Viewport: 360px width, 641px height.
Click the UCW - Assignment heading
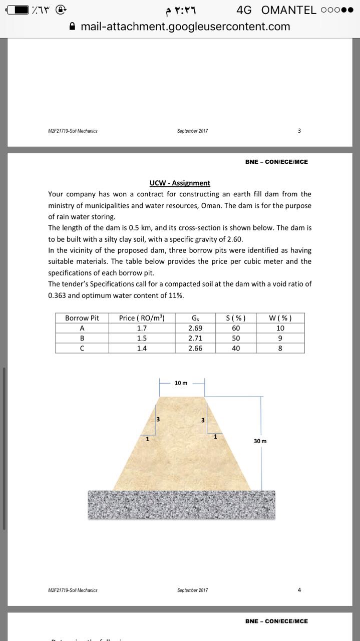coord(180,183)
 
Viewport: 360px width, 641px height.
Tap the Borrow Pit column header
coord(82,318)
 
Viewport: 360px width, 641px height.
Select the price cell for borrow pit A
coord(142,329)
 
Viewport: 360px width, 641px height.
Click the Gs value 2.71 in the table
coord(195,338)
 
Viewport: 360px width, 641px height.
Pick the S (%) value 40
coord(236,348)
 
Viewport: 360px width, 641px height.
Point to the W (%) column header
coord(280,318)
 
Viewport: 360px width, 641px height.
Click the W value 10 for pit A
coord(280,329)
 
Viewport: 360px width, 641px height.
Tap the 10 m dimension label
coord(181,383)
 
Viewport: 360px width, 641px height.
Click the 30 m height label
coord(260,441)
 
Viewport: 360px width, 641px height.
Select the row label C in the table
coord(82,348)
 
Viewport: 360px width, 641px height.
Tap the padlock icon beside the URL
coord(73,27)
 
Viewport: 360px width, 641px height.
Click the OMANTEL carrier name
coord(289,10)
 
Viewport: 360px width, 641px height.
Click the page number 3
coord(299,131)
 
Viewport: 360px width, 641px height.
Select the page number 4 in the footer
coord(299,590)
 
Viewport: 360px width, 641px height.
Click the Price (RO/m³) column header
coord(142,318)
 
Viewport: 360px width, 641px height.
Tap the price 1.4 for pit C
coord(142,348)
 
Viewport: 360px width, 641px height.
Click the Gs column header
coord(195,318)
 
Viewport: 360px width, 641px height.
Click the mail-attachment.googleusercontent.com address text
coord(185,27)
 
